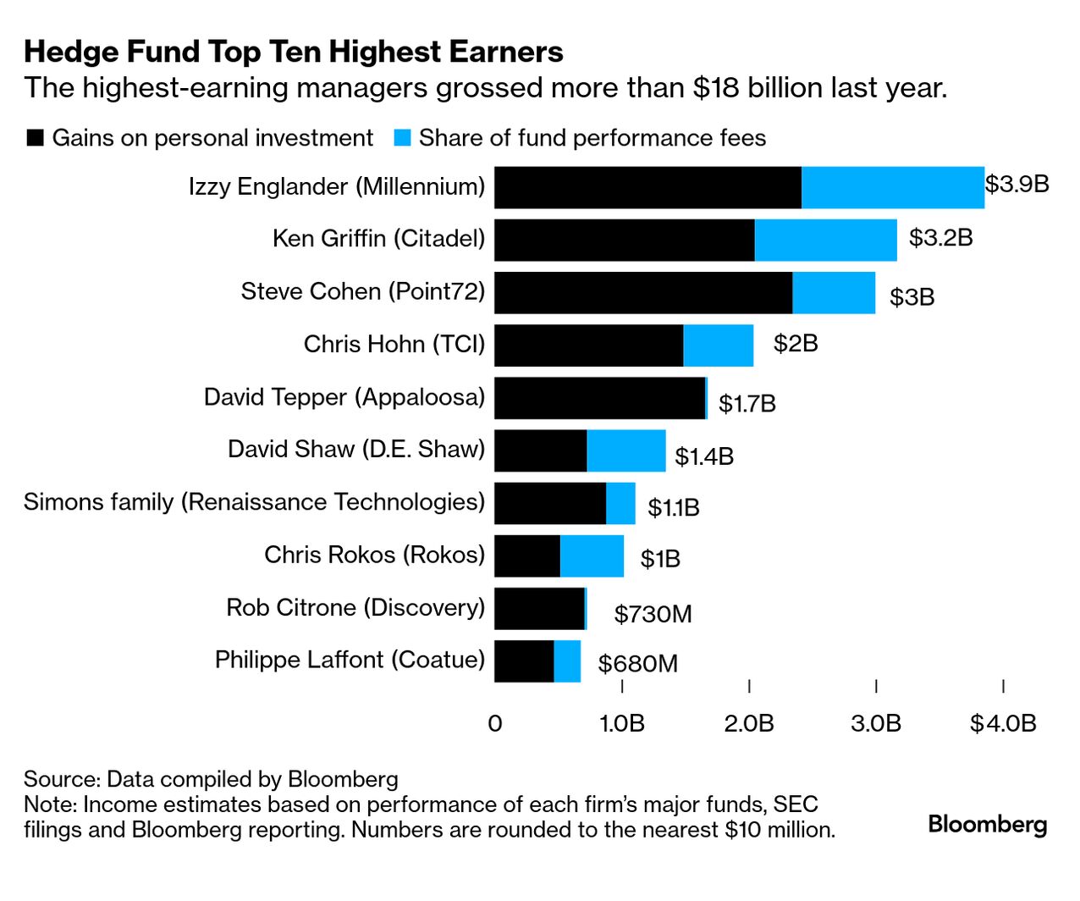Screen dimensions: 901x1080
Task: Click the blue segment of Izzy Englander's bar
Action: pyautogui.click(x=892, y=187)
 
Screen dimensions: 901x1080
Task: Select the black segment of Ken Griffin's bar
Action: pyautogui.click(x=624, y=240)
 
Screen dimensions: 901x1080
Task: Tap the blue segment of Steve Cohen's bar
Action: pyautogui.click(x=834, y=293)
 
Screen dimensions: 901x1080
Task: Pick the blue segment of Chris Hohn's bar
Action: pyautogui.click(x=718, y=345)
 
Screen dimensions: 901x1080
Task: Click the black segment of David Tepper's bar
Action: pyautogui.click(x=599, y=398)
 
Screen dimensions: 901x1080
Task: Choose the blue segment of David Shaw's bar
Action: pyautogui.click(x=625, y=450)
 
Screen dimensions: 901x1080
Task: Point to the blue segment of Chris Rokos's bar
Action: pyautogui.click(x=592, y=556)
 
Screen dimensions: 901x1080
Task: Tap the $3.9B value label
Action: pyautogui.click(x=1017, y=184)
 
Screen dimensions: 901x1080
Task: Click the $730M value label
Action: pyautogui.click(x=653, y=614)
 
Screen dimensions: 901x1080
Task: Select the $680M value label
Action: pyautogui.click(x=637, y=663)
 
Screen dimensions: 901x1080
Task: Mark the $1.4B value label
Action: pyautogui.click(x=703, y=457)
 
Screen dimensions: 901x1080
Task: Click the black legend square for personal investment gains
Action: pyautogui.click(x=36, y=138)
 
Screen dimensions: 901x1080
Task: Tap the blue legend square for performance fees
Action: pyautogui.click(x=403, y=138)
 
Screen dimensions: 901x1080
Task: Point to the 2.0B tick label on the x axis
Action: pyautogui.click(x=749, y=723)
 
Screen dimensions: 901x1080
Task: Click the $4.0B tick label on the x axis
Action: pyautogui.click(x=1003, y=723)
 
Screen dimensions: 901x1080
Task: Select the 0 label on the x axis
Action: pyautogui.click(x=495, y=723)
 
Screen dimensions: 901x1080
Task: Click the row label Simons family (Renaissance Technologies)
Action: pyautogui.click(x=254, y=502)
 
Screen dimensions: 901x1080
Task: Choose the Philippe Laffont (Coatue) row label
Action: pyautogui.click(x=350, y=660)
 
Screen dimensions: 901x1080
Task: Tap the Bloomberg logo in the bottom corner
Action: pyautogui.click(x=987, y=825)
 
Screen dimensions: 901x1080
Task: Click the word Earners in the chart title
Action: pyautogui.click(x=506, y=53)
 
